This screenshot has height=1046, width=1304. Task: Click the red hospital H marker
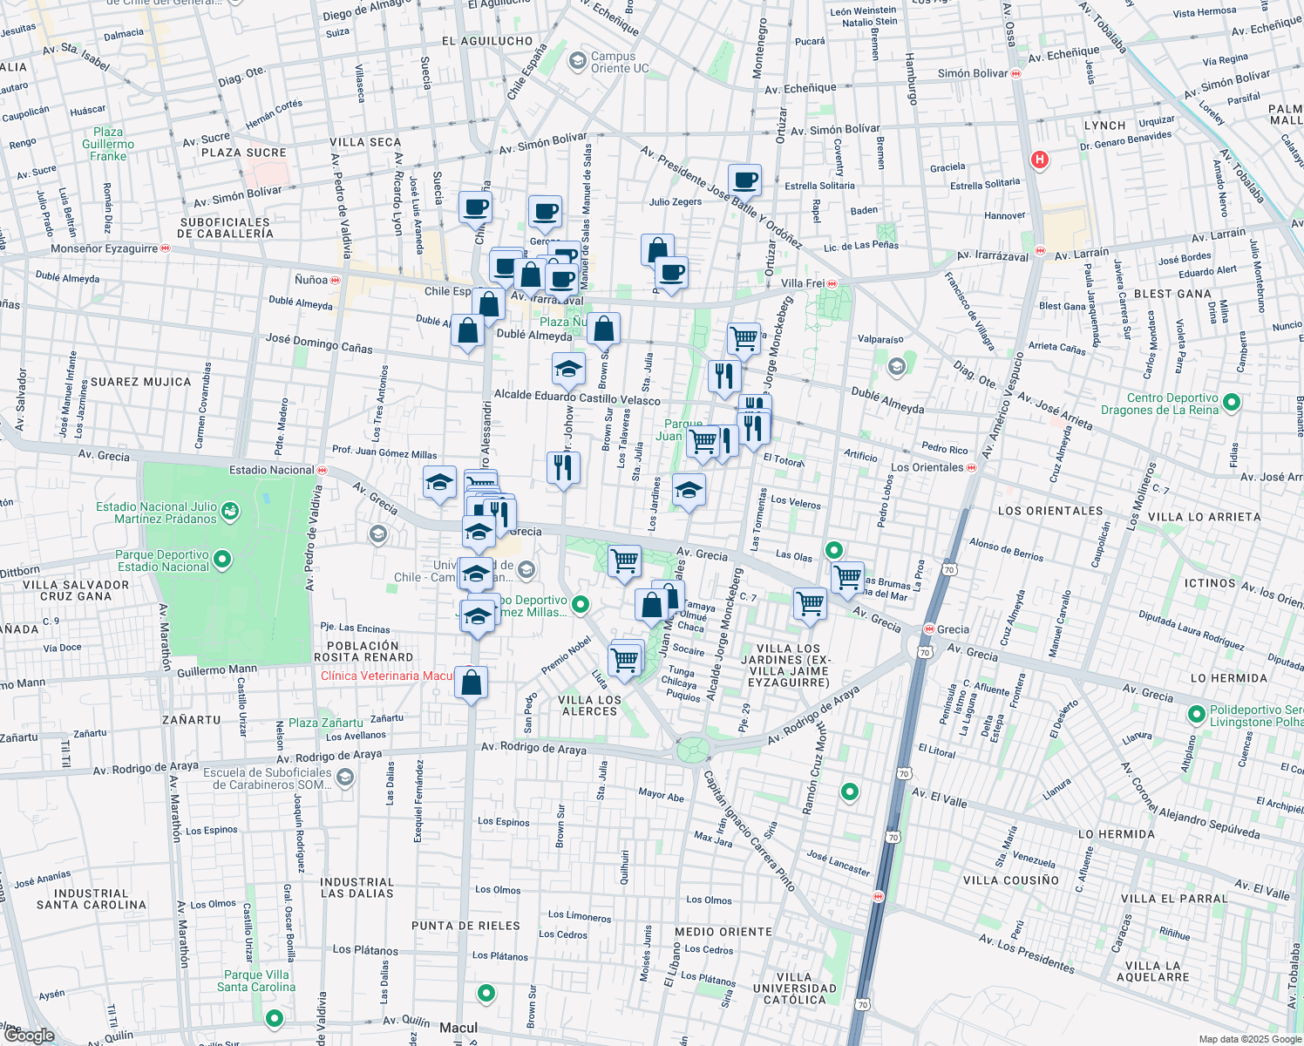tap(1039, 160)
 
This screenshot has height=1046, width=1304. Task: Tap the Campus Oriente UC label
tap(619, 62)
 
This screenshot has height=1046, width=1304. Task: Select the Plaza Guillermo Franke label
tap(108, 145)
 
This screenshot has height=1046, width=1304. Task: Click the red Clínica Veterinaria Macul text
tap(387, 676)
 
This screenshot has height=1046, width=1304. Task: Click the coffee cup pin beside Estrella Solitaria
tap(744, 180)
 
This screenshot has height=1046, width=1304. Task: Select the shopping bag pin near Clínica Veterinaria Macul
tap(471, 683)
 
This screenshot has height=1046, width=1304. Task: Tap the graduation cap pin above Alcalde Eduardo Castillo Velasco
tap(568, 369)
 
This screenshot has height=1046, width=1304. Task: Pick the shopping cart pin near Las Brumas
tap(847, 577)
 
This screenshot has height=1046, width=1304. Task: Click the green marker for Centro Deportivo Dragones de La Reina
tap(1232, 403)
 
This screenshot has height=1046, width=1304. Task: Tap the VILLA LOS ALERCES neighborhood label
tap(589, 705)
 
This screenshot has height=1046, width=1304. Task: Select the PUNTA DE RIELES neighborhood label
tap(465, 926)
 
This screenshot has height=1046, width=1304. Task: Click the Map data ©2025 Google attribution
tap(1248, 1039)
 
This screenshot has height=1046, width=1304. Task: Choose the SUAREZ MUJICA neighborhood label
tap(140, 382)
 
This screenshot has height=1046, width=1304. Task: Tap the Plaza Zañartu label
tap(325, 723)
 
